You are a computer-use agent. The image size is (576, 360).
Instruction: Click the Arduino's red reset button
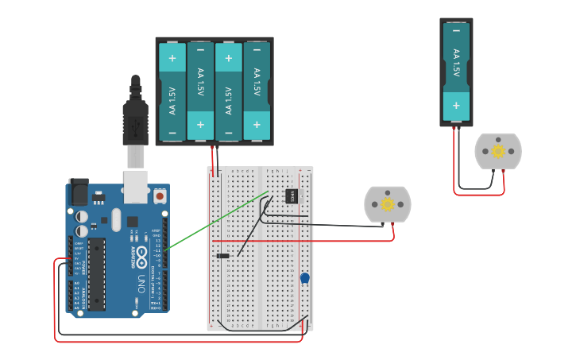point(160,195)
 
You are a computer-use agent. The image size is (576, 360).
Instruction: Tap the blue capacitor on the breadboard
point(304,278)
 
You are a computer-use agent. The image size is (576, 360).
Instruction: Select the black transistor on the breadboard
point(292,195)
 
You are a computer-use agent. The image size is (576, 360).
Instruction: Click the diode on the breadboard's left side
point(223,255)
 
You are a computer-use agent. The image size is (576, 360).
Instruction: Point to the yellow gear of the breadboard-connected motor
point(388,204)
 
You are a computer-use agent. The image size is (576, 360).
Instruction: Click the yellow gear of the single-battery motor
point(498,151)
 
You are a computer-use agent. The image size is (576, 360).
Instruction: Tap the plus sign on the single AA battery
point(456,105)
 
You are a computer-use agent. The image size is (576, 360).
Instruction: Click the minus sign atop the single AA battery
point(456,31)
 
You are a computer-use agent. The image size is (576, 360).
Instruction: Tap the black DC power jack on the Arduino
point(78,192)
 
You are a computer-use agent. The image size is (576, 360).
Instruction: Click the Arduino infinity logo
point(141,256)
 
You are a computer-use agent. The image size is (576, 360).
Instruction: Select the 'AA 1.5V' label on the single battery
point(456,64)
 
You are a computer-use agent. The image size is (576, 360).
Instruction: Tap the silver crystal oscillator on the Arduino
point(117,219)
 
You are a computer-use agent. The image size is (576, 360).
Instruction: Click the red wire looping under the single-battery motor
point(477,194)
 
